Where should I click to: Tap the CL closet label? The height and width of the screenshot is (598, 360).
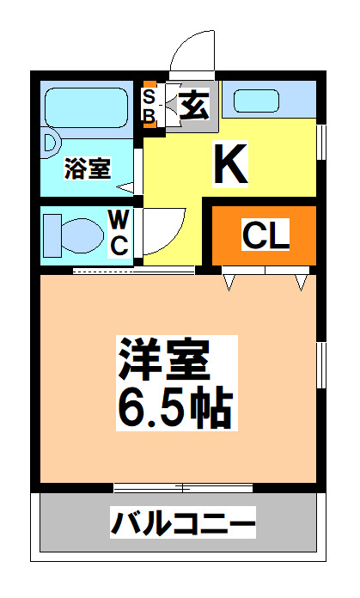pos(266,234)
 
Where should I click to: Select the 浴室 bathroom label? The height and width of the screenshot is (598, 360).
pos(88,168)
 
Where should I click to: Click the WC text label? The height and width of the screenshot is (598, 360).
pos(119,231)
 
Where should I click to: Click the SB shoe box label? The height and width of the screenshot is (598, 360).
pos(149,105)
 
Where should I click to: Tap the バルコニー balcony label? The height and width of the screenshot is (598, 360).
pos(182,523)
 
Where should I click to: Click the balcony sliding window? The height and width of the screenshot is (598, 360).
pos(182,488)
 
